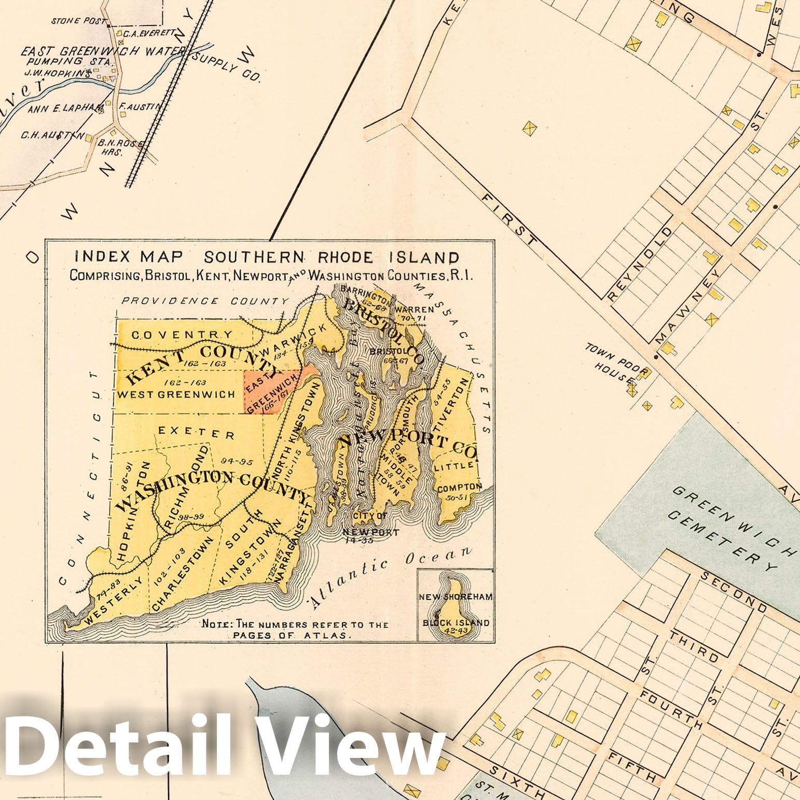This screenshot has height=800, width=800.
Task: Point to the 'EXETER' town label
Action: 197,431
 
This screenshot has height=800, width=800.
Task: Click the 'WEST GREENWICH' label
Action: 177,394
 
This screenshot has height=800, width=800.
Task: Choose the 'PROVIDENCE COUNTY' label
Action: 205,301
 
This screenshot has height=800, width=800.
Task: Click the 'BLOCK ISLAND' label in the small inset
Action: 456,623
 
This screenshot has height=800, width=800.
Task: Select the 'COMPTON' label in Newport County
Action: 460,488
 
